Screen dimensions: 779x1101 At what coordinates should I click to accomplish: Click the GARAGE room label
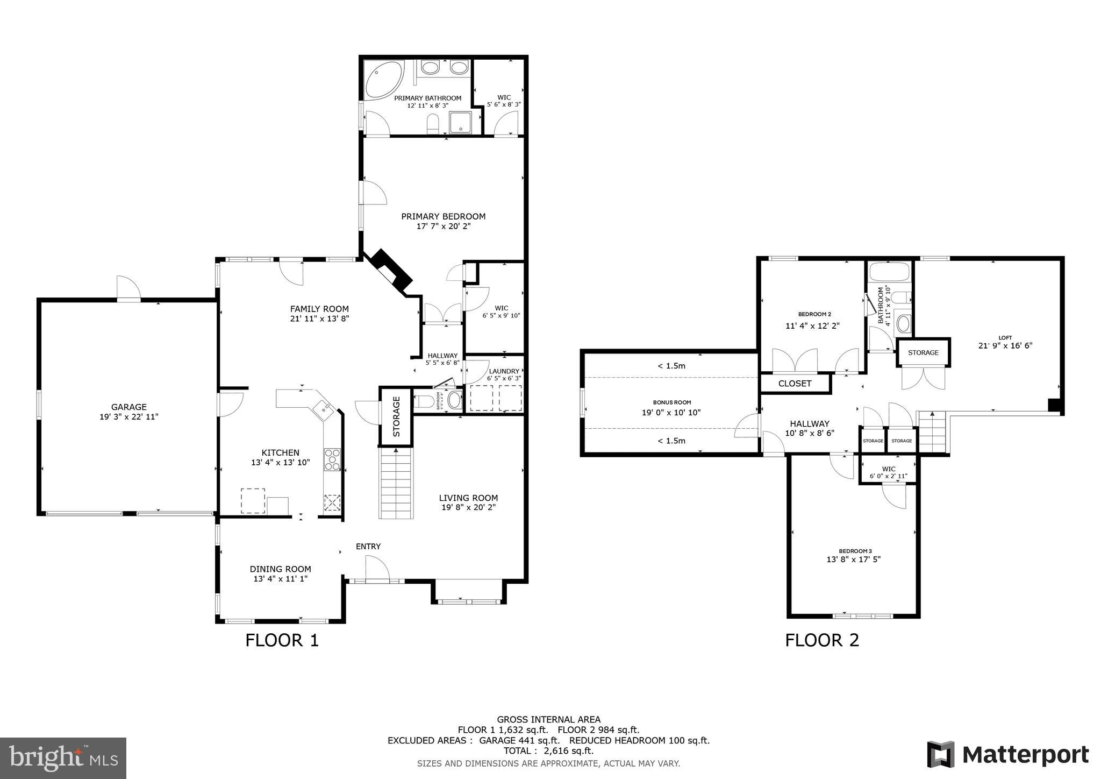coord(128,407)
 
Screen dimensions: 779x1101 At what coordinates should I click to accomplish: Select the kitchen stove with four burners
coord(332,459)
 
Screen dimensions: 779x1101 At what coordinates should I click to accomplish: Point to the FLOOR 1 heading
coord(282,640)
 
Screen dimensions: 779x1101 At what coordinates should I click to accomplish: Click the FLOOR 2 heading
coord(821,640)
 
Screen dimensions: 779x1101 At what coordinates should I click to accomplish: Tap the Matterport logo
coord(1007,754)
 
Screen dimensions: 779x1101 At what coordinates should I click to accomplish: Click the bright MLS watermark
coord(63,758)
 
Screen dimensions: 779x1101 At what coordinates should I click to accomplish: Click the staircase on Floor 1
coord(396,484)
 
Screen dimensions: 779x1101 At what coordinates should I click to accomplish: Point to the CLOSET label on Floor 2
coord(795,384)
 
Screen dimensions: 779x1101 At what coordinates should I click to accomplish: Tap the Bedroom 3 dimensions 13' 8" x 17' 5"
coord(853,559)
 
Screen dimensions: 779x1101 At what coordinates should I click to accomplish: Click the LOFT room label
coord(1005,338)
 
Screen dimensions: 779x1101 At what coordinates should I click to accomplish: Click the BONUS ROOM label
coord(671,402)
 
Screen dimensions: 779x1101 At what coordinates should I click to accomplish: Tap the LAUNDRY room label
coord(504,371)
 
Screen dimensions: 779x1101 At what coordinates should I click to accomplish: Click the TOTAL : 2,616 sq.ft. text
coord(548,750)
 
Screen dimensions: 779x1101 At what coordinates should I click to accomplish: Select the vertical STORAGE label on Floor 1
coord(397,416)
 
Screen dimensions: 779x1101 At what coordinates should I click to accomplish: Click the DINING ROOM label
coord(280,569)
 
